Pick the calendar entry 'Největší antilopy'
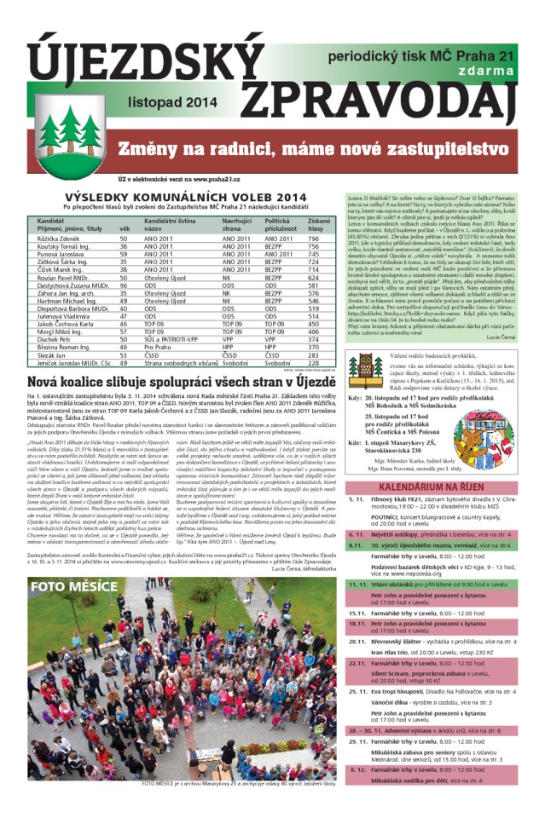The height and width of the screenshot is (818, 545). click(x=417, y=534)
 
